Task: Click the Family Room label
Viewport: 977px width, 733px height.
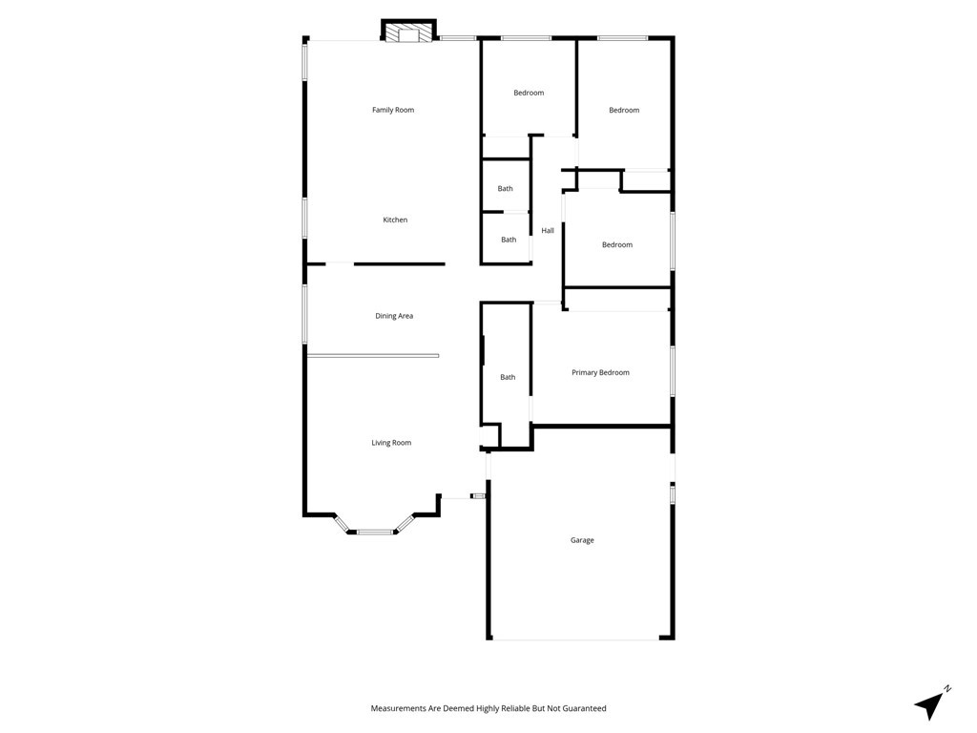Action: pyautogui.click(x=393, y=110)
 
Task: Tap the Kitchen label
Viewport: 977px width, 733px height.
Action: pyautogui.click(x=395, y=220)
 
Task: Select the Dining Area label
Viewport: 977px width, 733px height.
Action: pyautogui.click(x=394, y=316)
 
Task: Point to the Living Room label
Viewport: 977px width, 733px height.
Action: pyautogui.click(x=391, y=443)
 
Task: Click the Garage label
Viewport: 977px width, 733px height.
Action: pyautogui.click(x=582, y=540)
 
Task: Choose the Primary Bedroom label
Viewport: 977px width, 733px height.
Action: pyautogui.click(x=600, y=372)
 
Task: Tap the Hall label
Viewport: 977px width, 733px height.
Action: pyautogui.click(x=548, y=230)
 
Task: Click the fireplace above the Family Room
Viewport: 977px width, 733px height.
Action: pyautogui.click(x=408, y=34)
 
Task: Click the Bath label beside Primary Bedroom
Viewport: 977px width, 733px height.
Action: pyautogui.click(x=508, y=377)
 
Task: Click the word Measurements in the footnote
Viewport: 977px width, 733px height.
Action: pyautogui.click(x=400, y=708)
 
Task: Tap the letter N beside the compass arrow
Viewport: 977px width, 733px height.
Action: pyautogui.click(x=947, y=687)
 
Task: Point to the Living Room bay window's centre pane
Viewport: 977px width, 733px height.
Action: pyautogui.click(x=375, y=532)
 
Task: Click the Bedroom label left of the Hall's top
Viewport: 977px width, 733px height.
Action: pyautogui.click(x=529, y=93)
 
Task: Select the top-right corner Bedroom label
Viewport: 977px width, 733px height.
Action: pyautogui.click(x=624, y=110)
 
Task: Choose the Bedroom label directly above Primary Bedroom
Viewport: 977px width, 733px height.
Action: pyautogui.click(x=616, y=245)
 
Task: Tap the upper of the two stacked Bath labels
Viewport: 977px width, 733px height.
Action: pyautogui.click(x=505, y=189)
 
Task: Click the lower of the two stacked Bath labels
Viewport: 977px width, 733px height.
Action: pyautogui.click(x=509, y=240)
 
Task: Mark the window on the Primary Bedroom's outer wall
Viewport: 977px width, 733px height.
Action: pyautogui.click(x=673, y=371)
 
